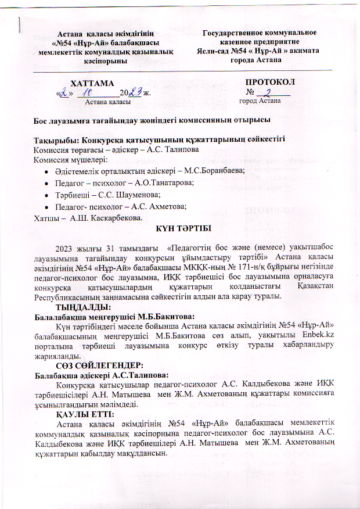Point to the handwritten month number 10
[90, 92]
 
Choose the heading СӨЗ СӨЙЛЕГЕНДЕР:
[98, 365]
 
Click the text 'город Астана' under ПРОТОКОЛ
[260, 101]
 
